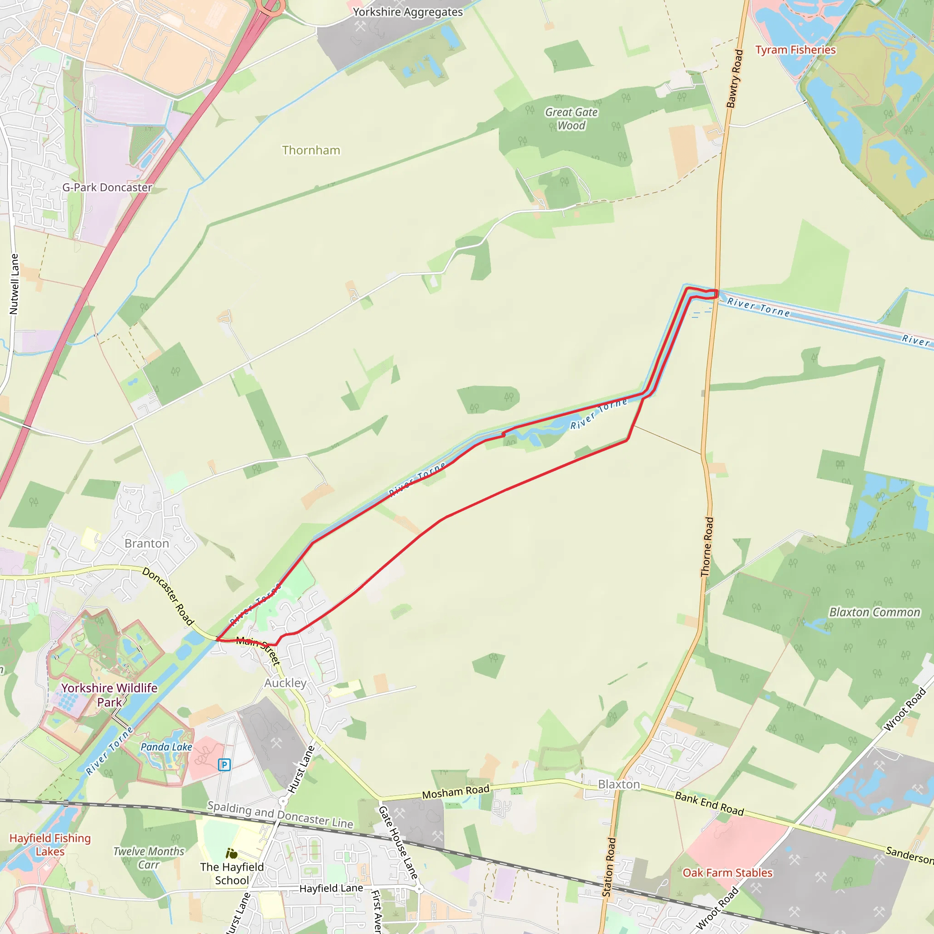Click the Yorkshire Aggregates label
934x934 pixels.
click(408, 12)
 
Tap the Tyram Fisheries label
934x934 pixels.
click(795, 50)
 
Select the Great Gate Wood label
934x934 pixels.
click(571, 119)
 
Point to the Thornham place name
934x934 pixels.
click(311, 150)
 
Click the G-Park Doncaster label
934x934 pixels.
click(107, 187)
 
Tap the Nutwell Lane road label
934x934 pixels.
click(14, 284)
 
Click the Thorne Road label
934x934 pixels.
click(707, 547)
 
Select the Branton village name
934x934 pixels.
click(147, 543)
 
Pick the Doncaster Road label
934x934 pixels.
click(168, 597)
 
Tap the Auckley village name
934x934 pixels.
click(285, 683)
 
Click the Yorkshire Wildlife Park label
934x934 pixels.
click(109, 695)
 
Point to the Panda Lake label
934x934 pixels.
click(166, 747)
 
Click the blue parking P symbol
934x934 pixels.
click(224, 765)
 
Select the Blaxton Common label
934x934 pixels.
click(875, 612)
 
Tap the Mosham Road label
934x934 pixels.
click(456, 791)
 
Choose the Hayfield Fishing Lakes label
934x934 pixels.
click(50, 845)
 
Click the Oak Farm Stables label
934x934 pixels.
click(727, 872)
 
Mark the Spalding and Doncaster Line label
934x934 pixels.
click(280, 814)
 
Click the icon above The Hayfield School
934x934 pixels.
click(232, 854)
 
